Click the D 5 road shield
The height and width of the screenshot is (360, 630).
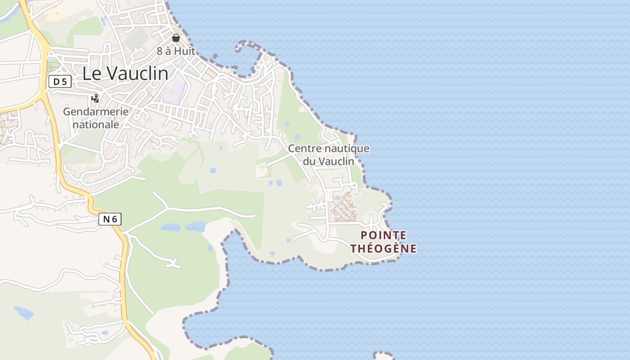pyautogui.click(x=60, y=81)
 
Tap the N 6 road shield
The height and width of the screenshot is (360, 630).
pyautogui.click(x=110, y=219)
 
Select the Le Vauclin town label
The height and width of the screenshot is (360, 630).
pyautogui.click(x=125, y=74)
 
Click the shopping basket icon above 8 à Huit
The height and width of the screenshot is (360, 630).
pyautogui.click(x=176, y=38)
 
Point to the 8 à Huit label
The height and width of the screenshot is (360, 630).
pyautogui.click(x=176, y=51)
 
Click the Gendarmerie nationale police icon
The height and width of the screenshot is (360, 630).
pyautogui.click(x=95, y=99)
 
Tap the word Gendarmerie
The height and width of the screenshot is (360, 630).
pyautogui.click(x=95, y=112)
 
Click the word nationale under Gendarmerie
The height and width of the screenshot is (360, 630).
pyautogui.click(x=95, y=124)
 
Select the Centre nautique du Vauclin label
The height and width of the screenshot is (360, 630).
pyautogui.click(x=328, y=154)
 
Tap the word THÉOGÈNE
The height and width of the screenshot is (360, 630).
pyautogui.click(x=383, y=248)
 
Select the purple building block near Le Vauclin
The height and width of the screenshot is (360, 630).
pyautogui.click(x=174, y=91)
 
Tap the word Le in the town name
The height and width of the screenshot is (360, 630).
pyautogui.click(x=92, y=74)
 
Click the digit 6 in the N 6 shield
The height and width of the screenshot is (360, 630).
pyautogui.click(x=114, y=219)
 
